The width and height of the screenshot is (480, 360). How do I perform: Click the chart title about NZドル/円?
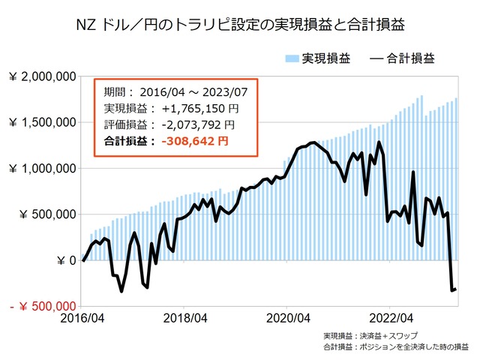point(240,24)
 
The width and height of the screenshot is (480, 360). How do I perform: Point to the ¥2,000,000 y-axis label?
point(42,76)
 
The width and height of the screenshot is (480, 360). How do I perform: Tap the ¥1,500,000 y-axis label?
point(42,122)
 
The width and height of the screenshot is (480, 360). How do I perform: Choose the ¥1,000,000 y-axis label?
point(42,169)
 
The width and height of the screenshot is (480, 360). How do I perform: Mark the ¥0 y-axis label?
point(66,260)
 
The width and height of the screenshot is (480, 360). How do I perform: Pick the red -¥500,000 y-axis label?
point(43,306)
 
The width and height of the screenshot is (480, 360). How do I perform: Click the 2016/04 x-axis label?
point(82,317)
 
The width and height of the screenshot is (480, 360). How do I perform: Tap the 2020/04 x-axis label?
point(288,317)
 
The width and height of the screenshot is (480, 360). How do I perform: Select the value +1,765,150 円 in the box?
point(197,109)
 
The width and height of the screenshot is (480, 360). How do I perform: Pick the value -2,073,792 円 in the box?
point(197,124)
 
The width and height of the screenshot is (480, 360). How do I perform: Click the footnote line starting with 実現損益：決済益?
point(370,335)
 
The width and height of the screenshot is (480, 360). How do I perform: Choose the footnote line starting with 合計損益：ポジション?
point(395,347)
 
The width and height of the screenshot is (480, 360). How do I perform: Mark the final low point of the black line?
point(451,290)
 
